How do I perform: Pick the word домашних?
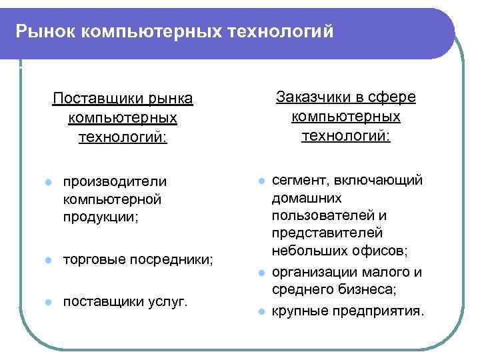[x=307, y=198]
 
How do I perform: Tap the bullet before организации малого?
[x=263, y=273]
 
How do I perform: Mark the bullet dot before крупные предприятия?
[x=263, y=311]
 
